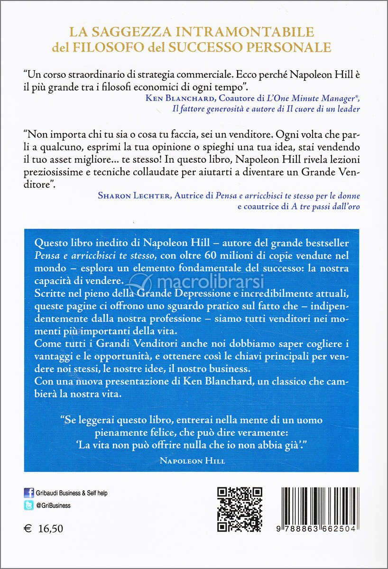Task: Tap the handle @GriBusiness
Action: (x=54, y=505)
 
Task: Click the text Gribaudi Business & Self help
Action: (x=72, y=493)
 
